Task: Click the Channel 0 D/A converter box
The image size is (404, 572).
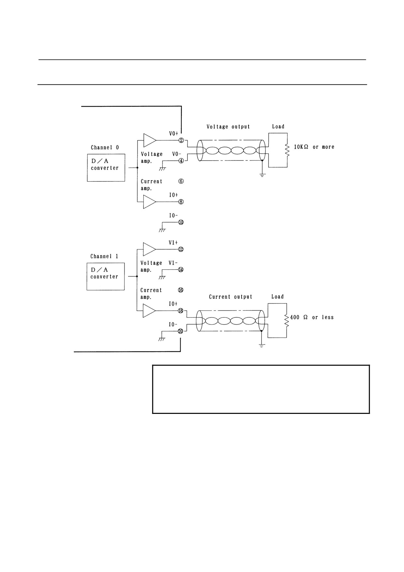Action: pyautogui.click(x=106, y=168)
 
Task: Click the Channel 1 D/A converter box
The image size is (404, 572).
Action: pyautogui.click(x=106, y=277)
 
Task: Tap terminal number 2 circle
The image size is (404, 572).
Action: pyautogui.click(x=181, y=141)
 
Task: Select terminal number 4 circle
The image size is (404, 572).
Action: pyautogui.click(x=181, y=160)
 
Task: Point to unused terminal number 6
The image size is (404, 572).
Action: pyautogui.click(x=181, y=181)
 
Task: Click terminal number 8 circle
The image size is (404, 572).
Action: pyautogui.click(x=181, y=202)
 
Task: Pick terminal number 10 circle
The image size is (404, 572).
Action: pyautogui.click(x=181, y=222)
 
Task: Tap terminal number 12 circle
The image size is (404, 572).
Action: pyautogui.click(x=181, y=249)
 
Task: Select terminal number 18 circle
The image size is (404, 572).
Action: pyautogui.click(x=181, y=311)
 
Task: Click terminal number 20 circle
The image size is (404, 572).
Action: pyautogui.click(x=181, y=331)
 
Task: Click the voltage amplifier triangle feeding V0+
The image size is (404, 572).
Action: pyautogui.click(x=150, y=140)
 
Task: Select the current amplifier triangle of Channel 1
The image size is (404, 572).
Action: pyautogui.click(x=149, y=311)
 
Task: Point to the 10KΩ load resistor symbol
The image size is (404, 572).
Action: pyautogui.click(x=287, y=150)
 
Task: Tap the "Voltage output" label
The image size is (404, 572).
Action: pyautogui.click(x=228, y=127)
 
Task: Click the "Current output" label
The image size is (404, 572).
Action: pyautogui.click(x=231, y=297)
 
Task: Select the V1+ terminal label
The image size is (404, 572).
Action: pyautogui.click(x=173, y=243)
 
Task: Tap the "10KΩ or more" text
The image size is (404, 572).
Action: pyautogui.click(x=314, y=147)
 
